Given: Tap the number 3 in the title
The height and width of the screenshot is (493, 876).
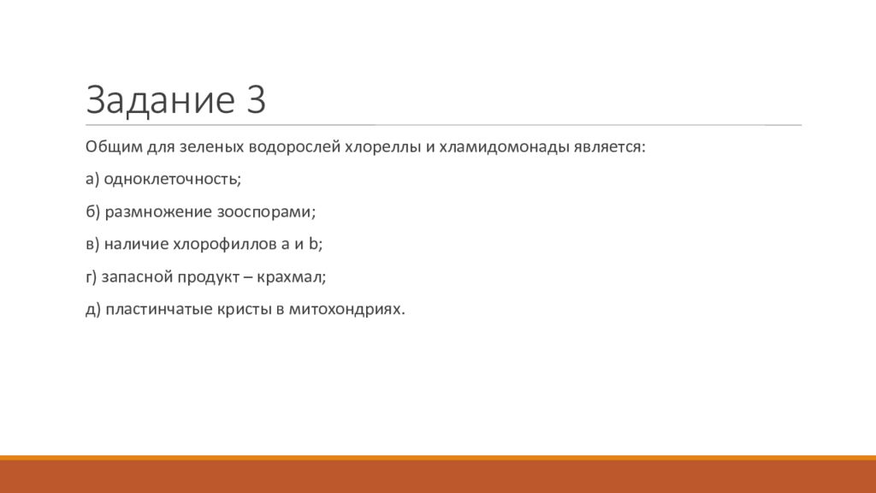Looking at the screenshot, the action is pos(255,99).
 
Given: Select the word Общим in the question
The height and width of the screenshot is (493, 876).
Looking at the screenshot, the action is pos(114,147).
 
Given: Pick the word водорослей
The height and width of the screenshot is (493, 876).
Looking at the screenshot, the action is pos(294,147).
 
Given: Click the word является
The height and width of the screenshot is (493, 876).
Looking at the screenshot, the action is pos(608,147).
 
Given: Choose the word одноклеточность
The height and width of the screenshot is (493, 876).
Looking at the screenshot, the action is pos(171,180).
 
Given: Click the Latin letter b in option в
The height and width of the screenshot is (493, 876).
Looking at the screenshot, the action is pos(313,244).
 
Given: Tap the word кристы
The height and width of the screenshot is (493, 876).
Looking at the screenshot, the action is pos(242,309).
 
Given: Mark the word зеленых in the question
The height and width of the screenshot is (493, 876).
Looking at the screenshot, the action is pos(211,147).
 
